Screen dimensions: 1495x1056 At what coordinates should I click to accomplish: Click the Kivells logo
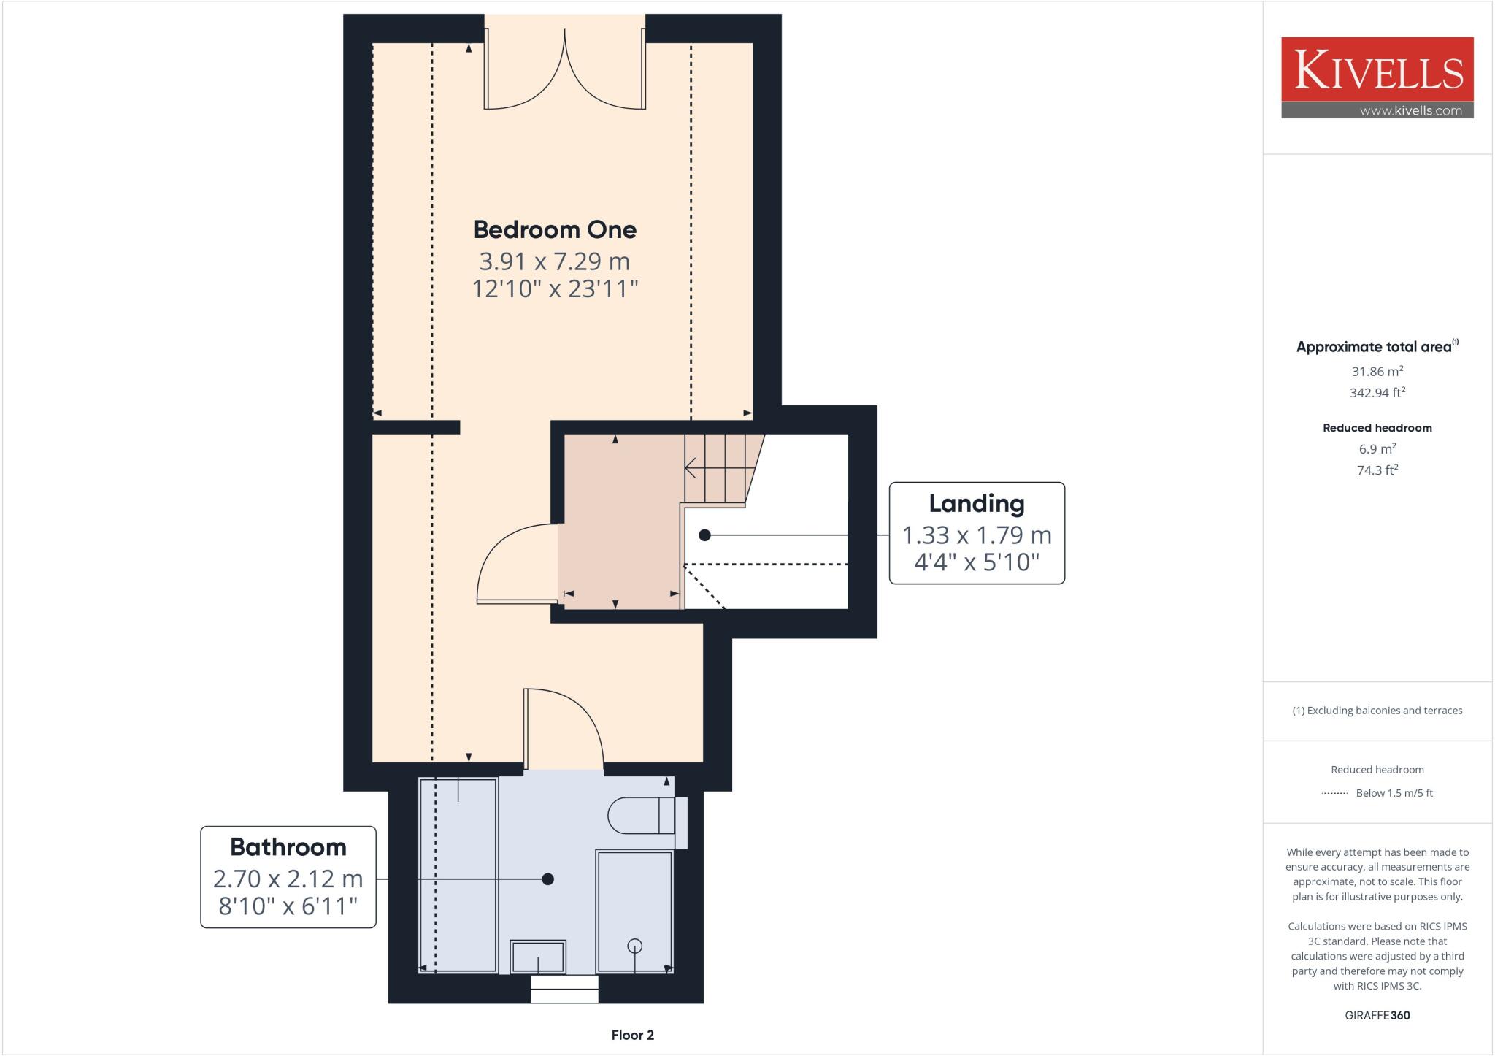1377,77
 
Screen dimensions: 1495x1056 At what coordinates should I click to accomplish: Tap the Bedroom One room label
555,229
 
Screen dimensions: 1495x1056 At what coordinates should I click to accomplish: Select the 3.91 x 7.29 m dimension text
555,261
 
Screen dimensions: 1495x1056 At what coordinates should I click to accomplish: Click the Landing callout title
977,503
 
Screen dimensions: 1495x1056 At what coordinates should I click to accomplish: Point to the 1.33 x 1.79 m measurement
977,535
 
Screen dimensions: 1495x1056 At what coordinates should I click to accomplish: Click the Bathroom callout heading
288,846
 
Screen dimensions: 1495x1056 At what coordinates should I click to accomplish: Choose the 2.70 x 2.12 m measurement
288,879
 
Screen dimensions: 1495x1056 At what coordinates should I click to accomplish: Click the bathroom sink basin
538,957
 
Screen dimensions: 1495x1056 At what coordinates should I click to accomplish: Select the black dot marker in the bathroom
548,879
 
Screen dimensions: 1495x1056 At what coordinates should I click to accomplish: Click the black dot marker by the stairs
704,535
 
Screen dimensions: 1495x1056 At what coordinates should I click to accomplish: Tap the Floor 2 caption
633,1035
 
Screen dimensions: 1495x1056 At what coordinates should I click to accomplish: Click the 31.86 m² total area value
1377,371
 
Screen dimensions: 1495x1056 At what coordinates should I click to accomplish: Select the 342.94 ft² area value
1377,392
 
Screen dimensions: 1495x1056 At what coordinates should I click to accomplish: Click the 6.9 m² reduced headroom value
1377,449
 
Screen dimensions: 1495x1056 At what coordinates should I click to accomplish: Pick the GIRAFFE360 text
1377,1015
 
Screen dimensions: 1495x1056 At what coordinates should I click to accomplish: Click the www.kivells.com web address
1411,111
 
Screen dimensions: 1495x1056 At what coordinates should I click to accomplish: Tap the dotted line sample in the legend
1334,793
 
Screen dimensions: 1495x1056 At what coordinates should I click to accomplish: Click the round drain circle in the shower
635,946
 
